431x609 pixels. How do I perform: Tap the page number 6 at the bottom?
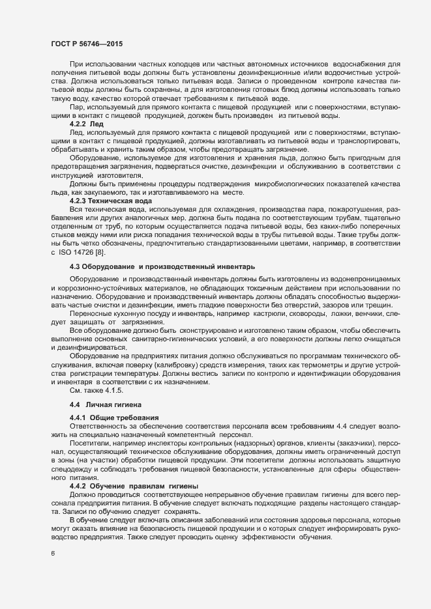[x=53, y=554]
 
